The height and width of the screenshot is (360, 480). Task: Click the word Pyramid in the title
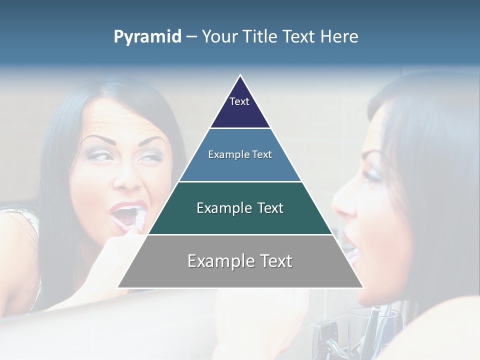[x=147, y=37]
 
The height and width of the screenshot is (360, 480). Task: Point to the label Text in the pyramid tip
[x=239, y=101]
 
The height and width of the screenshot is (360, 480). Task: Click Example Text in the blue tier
[x=240, y=154]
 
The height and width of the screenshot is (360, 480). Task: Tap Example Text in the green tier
[x=240, y=208]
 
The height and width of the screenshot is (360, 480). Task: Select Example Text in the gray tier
[x=240, y=261]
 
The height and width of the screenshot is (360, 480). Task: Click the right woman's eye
[x=372, y=175]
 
